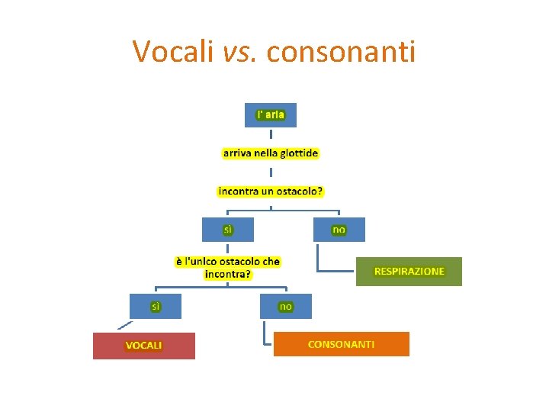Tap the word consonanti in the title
[342, 52]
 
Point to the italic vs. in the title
[242, 52]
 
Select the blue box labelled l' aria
[271, 114]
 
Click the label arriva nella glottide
[271, 153]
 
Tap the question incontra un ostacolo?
[271, 191]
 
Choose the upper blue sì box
[227, 229]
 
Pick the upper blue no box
[339, 229]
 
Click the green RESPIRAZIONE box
[409, 271]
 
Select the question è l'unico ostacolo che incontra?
[228, 267]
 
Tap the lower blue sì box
[156, 306]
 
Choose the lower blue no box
[285, 306]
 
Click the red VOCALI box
[144, 346]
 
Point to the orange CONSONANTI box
[341, 344]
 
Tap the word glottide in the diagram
[299, 153]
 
